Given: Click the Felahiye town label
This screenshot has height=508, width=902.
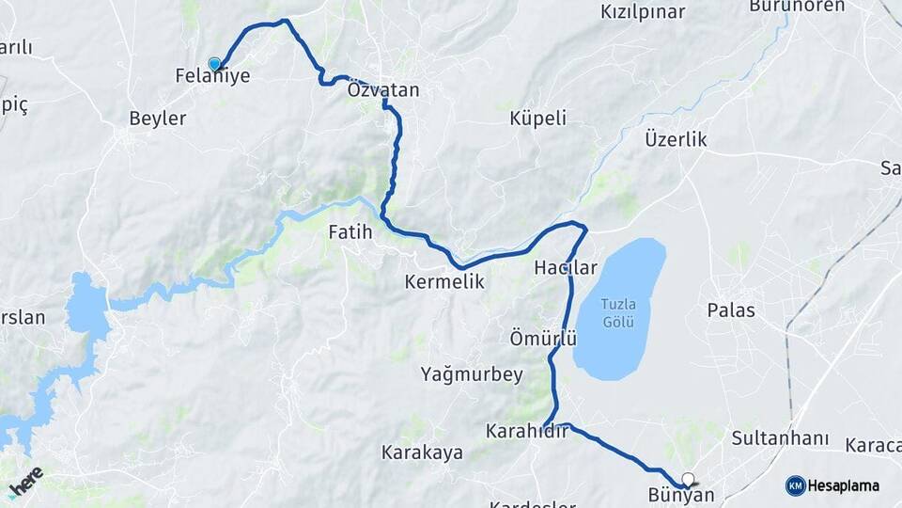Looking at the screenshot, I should (212, 76).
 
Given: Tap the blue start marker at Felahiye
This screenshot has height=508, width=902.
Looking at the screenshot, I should (215, 64).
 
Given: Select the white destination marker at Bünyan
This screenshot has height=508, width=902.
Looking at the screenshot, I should (689, 478).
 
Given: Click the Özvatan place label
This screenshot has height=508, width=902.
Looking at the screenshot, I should (382, 90).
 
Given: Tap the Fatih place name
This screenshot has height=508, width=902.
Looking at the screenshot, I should (350, 231).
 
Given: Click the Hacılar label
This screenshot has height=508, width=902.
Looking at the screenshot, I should (565, 268).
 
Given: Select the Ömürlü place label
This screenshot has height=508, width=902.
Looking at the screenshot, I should (542, 338).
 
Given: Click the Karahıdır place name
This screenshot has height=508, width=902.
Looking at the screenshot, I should (527, 431).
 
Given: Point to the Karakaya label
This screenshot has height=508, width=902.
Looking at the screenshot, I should (422, 452).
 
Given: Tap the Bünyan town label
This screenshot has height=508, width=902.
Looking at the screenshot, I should (681, 495).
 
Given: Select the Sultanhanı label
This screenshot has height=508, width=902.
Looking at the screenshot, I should (780, 438).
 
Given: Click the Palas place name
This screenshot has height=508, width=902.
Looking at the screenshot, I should (731, 310).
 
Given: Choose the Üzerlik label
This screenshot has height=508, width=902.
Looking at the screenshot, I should (676, 139).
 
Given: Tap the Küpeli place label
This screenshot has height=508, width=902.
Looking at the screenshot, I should (537, 118).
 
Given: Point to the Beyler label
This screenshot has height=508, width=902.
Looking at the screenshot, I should (157, 119).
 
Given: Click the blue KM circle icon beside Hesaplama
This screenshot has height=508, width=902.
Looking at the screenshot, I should (795, 485).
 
